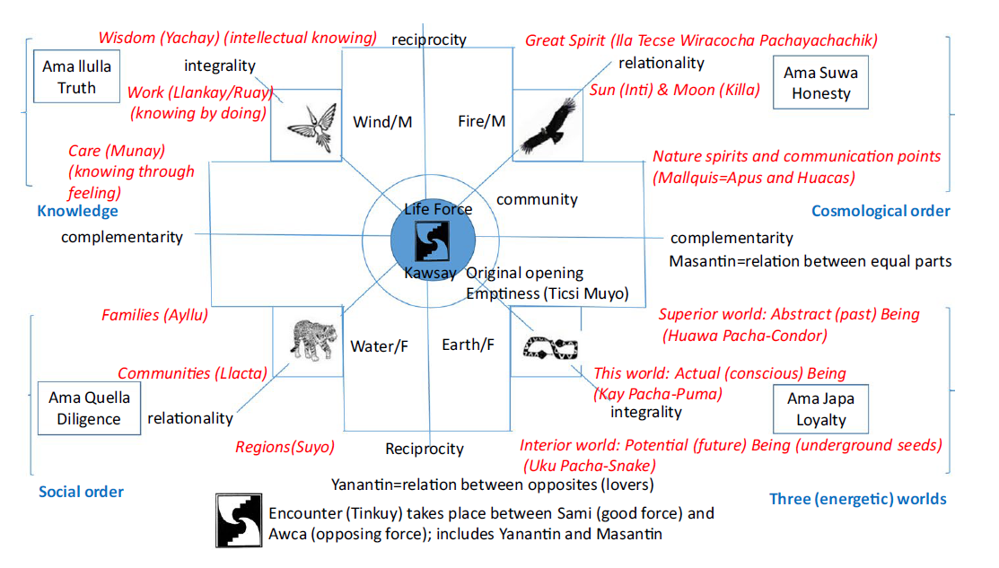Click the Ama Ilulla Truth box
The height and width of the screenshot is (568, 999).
pos(76,77)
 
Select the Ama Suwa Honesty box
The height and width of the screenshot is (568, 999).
pos(820,82)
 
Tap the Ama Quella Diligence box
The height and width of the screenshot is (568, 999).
pos(89,408)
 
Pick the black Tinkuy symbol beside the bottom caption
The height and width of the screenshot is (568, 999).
pos(239,520)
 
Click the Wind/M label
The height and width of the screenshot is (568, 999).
pos(382,121)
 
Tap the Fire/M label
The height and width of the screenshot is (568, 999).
pos(481,121)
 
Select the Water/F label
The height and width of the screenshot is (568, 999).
pos(379,345)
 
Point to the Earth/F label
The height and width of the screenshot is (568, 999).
pos(468,344)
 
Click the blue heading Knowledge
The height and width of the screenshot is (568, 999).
pos(77,211)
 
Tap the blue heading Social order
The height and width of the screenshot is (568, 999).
pos(81,491)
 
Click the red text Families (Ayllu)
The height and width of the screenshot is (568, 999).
pos(154,315)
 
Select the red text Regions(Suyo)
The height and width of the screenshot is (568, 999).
pos(285,446)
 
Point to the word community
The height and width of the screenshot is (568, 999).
pos(537,199)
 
